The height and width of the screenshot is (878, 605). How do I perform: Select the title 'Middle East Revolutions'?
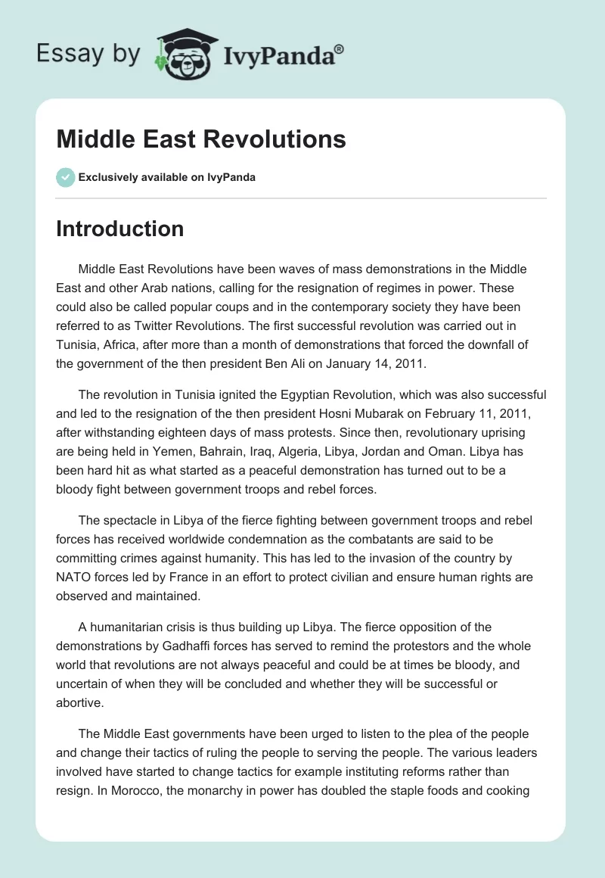201,139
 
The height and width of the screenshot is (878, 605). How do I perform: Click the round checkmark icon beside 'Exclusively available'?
65,177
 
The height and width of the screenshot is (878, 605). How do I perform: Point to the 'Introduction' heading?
120,229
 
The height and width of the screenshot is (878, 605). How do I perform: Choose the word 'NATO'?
73,578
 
